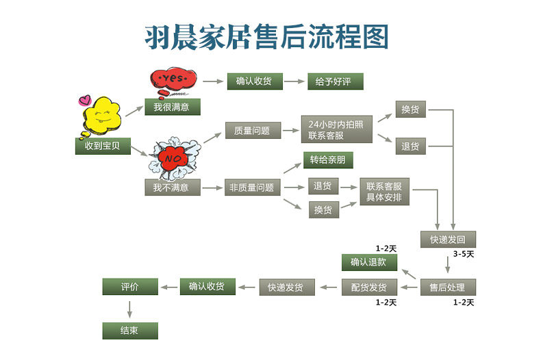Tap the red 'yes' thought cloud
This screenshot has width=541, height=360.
172,79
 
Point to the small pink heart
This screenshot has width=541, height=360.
85,100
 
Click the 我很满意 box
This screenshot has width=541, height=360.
172,107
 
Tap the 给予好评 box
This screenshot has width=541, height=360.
334,81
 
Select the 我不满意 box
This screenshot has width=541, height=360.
172,187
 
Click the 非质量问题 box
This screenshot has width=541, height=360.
252,187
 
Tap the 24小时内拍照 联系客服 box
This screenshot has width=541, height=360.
336,130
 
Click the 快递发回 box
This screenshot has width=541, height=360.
448,240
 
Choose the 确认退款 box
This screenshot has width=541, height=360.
368,262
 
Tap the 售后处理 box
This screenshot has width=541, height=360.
448,287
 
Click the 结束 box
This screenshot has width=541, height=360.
130,331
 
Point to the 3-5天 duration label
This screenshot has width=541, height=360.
463,254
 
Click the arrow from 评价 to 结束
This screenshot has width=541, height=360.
130,309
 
